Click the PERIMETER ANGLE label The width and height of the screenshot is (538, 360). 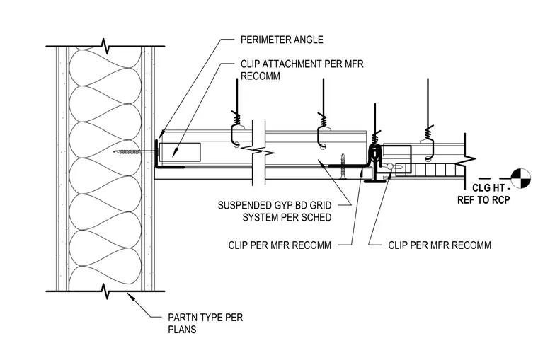point(282,40)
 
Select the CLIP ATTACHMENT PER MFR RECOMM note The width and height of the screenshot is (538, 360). point(302,70)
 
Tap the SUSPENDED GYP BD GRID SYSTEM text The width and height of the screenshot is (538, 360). point(275,211)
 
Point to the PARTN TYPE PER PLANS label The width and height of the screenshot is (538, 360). point(205,323)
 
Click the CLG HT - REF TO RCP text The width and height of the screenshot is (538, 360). point(483,194)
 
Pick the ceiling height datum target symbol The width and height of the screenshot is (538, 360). point(520,178)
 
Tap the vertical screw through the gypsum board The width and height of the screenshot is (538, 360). point(343,166)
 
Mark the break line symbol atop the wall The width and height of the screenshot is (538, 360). point(105,46)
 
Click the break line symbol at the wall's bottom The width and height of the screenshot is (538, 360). point(105,291)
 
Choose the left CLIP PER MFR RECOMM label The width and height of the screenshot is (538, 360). point(280,245)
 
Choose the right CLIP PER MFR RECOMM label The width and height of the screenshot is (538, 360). point(440,245)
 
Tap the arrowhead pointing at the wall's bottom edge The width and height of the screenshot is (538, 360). point(131,296)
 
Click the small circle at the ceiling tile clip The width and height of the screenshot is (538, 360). point(390,166)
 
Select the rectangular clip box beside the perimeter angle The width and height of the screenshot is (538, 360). point(180,152)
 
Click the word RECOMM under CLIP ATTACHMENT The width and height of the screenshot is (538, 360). point(261,76)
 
